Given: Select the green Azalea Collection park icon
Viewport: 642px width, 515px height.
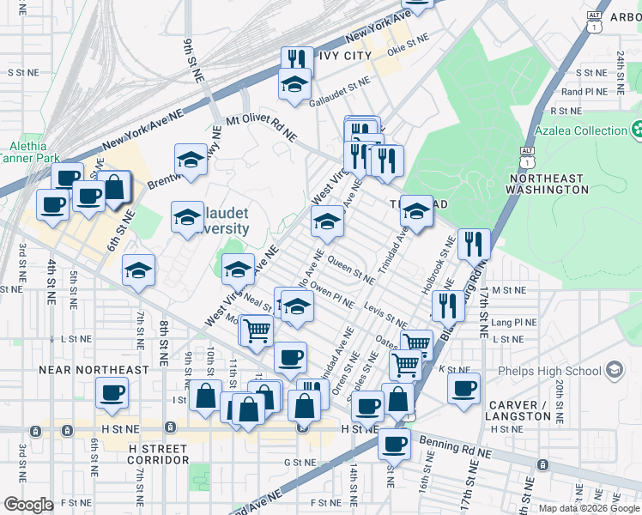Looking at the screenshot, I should tap(639, 130).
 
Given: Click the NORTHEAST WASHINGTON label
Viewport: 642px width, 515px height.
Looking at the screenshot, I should tap(547, 184).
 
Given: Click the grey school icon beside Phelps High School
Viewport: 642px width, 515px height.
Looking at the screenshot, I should tap(614, 370).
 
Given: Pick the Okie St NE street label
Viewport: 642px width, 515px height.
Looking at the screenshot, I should tap(407, 40).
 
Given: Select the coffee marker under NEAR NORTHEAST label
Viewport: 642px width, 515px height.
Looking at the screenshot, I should tap(113, 394).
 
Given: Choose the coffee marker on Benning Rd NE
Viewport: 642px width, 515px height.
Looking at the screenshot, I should tap(394, 444).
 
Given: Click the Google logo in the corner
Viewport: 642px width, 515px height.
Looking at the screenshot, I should tap(28, 506).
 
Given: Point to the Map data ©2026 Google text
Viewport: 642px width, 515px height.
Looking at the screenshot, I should tap(590, 508).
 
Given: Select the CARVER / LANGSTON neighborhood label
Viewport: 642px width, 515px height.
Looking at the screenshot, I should tap(518, 410).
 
